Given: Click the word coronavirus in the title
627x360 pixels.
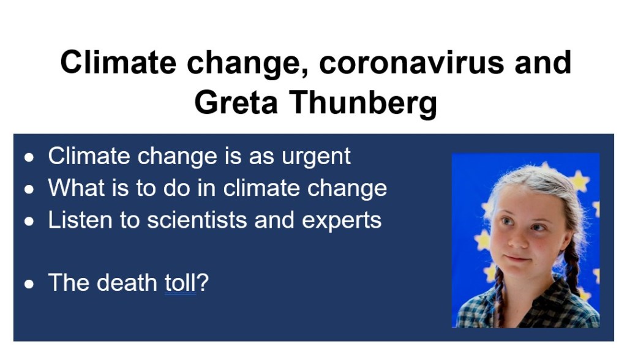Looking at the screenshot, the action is (411, 63).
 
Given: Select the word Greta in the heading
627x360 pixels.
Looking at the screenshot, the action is (236, 102).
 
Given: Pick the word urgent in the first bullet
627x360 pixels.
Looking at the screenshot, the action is (316, 157).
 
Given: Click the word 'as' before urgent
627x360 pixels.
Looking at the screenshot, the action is (261, 157).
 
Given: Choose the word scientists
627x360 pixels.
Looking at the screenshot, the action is (197, 220).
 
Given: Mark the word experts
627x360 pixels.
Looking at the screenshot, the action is (342, 221).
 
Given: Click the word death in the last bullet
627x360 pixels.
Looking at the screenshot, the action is (127, 282).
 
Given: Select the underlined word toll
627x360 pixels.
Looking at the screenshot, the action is (181, 282).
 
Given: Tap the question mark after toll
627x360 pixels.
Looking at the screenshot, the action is (203, 282).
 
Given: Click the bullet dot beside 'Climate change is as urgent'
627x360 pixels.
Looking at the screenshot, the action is (29, 157).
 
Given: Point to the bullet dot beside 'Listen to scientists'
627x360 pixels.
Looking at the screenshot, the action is (29, 222).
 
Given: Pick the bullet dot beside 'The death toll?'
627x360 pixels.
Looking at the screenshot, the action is (29, 284).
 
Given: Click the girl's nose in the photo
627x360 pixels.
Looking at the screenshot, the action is (519, 238).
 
